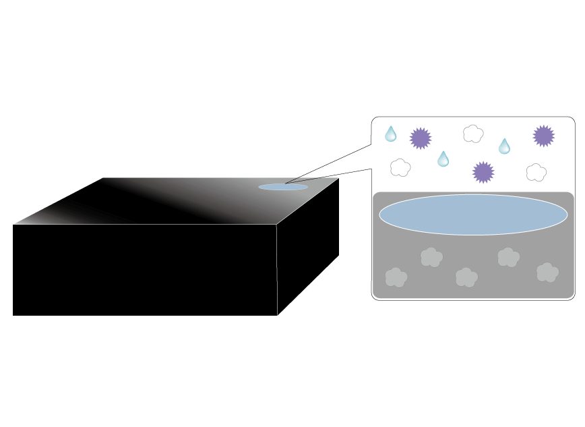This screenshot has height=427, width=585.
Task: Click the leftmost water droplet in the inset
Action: [x=391, y=134]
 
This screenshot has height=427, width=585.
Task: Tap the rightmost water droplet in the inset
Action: [x=504, y=146]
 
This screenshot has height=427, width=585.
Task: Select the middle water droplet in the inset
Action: [x=443, y=159]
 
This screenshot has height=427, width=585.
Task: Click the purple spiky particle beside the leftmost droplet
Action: [x=421, y=138]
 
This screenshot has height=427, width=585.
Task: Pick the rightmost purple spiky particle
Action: [x=544, y=136]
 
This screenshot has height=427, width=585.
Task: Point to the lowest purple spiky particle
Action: [x=483, y=172]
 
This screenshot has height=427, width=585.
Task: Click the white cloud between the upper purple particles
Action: [x=473, y=134]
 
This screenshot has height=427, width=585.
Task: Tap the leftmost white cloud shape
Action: [x=400, y=167]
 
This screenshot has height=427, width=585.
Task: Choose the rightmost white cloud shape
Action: [x=536, y=172]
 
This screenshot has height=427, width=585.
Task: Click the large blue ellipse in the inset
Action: [x=473, y=215]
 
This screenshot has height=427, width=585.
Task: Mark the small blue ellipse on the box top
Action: [x=283, y=187]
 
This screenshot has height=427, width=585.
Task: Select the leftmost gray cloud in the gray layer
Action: [x=396, y=277]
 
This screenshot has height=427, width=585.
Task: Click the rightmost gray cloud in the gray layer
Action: [x=547, y=272]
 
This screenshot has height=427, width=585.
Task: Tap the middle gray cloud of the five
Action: [x=466, y=277]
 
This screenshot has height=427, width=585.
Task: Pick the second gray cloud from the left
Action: [x=431, y=257]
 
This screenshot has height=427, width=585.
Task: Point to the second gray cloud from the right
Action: [x=508, y=257]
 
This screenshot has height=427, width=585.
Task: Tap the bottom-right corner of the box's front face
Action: [x=278, y=315]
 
